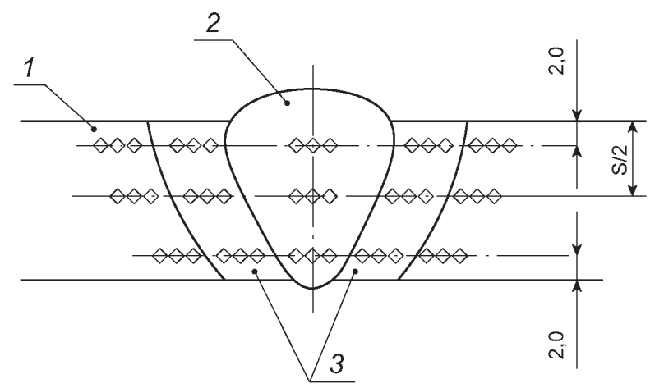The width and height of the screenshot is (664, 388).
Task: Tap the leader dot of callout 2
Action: click(x=286, y=103)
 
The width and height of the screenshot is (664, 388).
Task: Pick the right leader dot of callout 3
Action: click(x=355, y=269)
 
